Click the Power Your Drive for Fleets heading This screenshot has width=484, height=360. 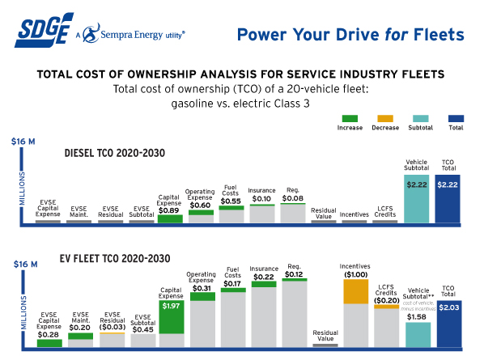[x=350, y=34]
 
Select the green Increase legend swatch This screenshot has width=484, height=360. [x=350, y=116]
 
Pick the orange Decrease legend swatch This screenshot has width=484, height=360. [x=384, y=116]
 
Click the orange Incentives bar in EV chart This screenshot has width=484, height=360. [x=356, y=291]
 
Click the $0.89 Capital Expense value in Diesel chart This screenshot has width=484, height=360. [x=170, y=210]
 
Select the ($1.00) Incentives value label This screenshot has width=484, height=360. [x=356, y=274]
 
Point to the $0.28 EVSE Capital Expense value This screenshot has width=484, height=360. [x=49, y=334]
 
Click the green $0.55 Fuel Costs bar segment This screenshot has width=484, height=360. [x=231, y=208]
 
